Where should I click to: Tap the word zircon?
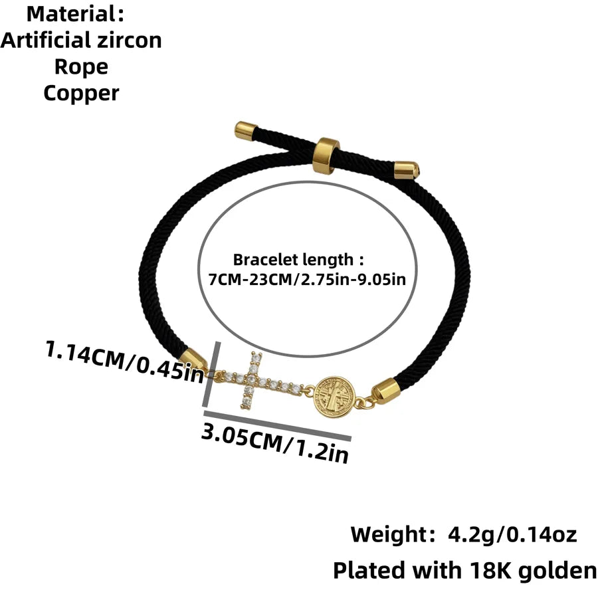click(130, 41)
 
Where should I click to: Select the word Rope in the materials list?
click(81, 68)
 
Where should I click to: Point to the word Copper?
click(81, 94)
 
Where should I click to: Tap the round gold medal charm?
click(334, 397)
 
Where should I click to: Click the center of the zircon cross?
click(252, 380)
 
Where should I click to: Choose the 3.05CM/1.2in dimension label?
click(275, 444)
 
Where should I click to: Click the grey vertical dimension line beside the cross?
click(213, 375)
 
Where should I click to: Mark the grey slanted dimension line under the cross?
click(277, 425)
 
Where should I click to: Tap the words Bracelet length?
click(293, 260)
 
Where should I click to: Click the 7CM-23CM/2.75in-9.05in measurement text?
click(307, 280)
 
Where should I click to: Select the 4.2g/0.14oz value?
click(512, 535)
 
